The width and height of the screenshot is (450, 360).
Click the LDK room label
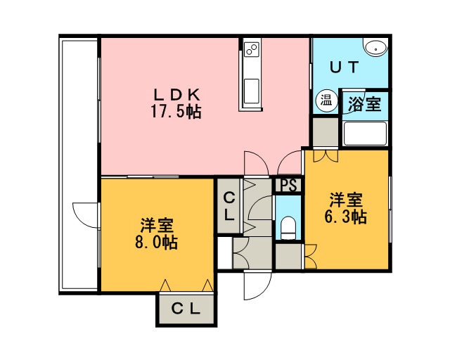176,94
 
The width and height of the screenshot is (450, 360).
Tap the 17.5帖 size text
176,111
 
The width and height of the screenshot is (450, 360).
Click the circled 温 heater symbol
326,101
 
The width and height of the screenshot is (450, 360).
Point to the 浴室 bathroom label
364,104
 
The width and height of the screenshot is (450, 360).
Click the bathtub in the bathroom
365,134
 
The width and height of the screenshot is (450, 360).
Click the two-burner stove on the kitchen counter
252,49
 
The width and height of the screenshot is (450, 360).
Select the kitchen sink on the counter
252,91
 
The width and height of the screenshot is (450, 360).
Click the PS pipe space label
288,185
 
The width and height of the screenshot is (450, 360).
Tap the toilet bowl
288,229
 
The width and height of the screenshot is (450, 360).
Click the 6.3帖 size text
345,217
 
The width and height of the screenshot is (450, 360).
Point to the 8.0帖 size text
156,243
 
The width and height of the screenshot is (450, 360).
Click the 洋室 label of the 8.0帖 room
156,226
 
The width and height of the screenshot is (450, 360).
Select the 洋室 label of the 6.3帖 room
346,200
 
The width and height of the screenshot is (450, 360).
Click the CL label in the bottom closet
186,309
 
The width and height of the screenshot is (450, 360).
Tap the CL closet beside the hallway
229,206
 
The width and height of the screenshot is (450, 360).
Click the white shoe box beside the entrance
225,252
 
